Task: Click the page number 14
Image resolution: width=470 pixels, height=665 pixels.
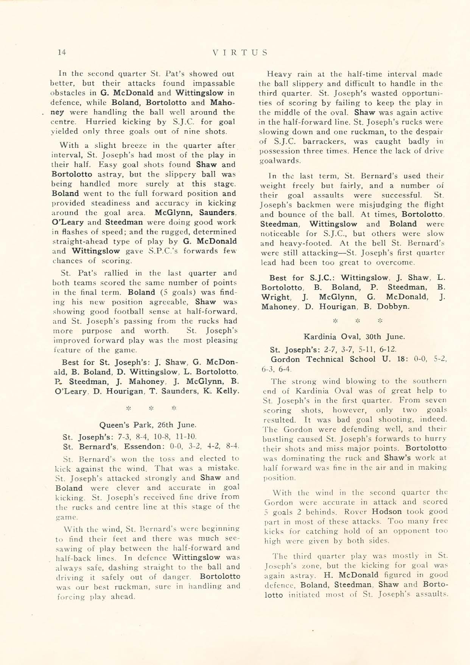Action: click(x=62, y=52)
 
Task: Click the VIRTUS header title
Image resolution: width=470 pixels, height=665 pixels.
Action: click(x=240, y=52)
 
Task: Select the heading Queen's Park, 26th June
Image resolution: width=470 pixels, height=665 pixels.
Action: click(x=148, y=425)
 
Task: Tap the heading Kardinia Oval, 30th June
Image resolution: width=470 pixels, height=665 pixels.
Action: click(x=354, y=336)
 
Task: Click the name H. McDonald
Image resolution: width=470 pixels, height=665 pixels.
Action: click(x=351, y=575)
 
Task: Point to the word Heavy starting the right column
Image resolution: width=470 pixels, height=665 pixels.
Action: click(x=278, y=74)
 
